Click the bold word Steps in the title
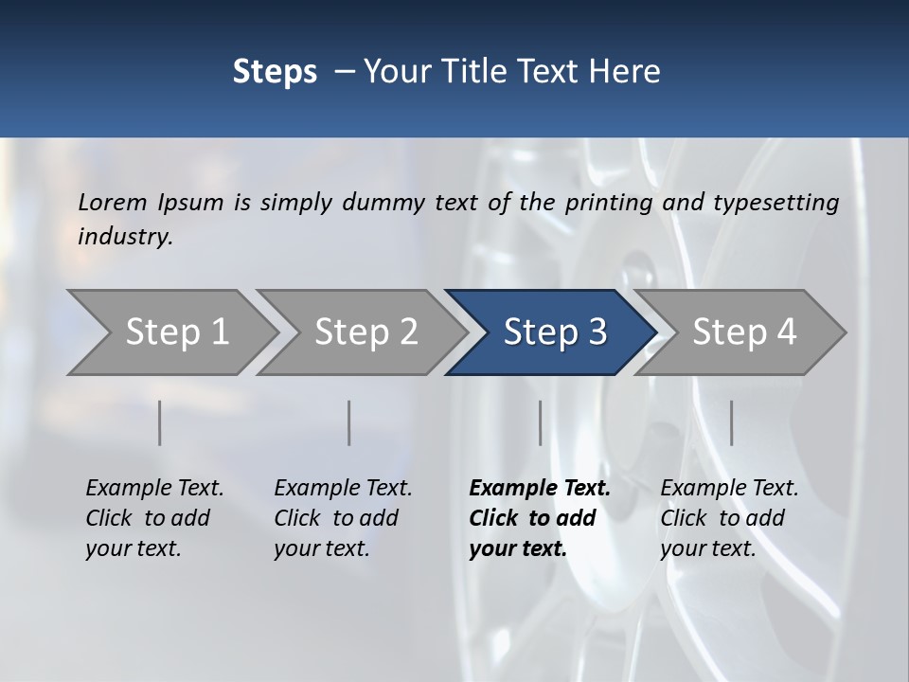275,72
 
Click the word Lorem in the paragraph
113,203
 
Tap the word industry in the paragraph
125,237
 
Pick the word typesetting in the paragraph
775,203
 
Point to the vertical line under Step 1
160,422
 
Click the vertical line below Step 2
349,422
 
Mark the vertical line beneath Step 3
541,422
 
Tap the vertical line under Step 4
732,422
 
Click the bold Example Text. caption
540,489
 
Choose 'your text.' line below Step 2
322,548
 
